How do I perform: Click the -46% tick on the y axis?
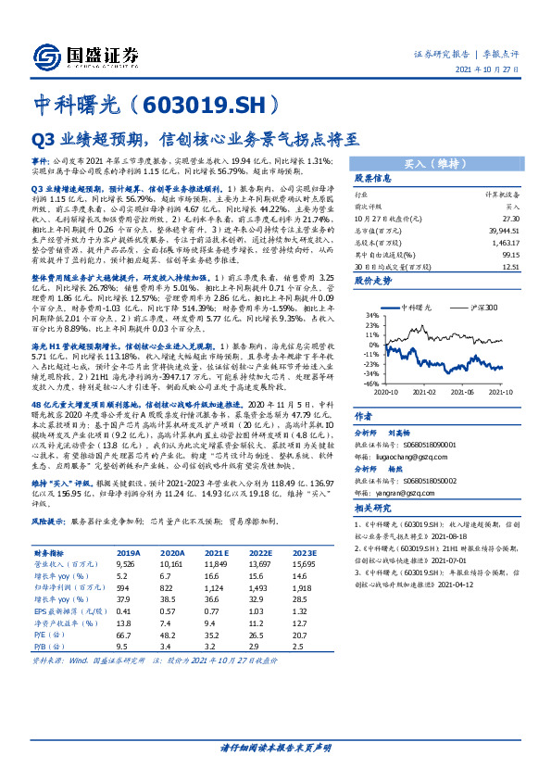pyautogui.click(x=369, y=383)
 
